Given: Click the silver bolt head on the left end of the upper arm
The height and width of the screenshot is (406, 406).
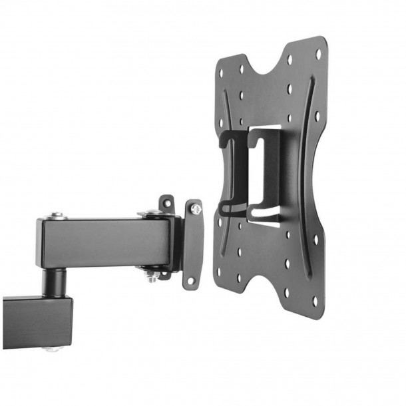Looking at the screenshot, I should coord(56,215).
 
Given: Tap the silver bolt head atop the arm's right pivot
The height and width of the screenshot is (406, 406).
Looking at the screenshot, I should coord(150,213).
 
